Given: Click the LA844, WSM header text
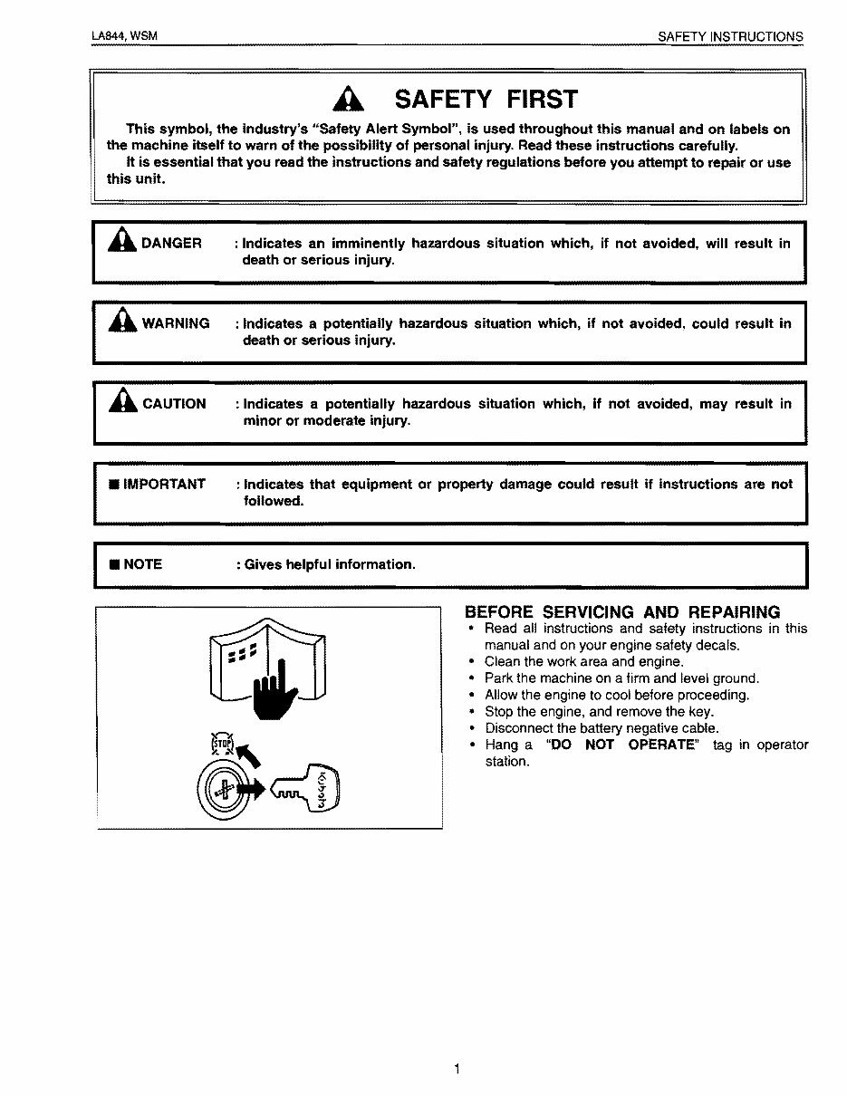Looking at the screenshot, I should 125,36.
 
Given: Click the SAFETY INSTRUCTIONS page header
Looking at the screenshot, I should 730,37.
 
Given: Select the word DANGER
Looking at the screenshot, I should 171,244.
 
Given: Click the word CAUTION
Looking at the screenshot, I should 174,404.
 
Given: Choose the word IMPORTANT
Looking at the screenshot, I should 164,484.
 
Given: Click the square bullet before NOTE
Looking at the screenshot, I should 113,565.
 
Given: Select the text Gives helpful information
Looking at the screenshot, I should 330,564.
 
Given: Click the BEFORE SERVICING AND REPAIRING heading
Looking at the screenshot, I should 621,611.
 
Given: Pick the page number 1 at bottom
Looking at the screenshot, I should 457,1069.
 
